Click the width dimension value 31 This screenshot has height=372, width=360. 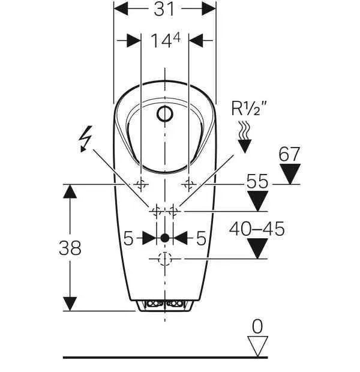(164, 9)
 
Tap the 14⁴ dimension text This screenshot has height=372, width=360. (166, 40)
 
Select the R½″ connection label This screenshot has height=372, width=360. (249, 109)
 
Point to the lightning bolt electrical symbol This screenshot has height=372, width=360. (86, 139)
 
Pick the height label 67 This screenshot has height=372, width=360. (289, 154)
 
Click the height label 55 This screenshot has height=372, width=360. (257, 181)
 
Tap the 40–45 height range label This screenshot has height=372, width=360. (257, 229)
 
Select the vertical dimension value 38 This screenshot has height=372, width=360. (70, 248)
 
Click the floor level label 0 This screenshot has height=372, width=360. (257, 326)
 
